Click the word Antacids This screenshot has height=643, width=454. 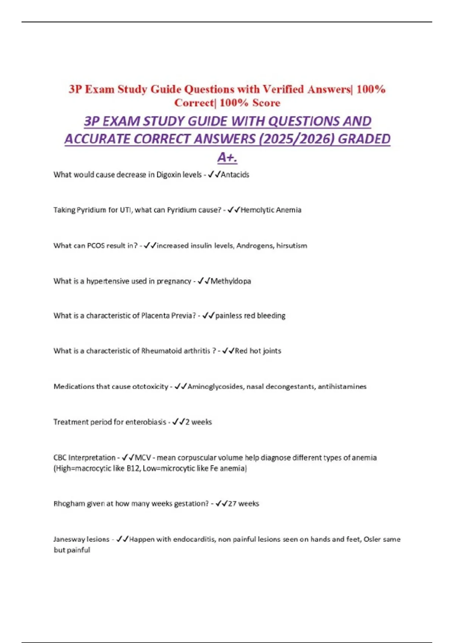click(235, 175)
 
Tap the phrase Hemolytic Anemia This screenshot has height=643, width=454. click(271, 210)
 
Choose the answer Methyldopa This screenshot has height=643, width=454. click(231, 281)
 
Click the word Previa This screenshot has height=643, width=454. click(184, 315)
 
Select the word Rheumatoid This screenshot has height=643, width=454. click(161, 351)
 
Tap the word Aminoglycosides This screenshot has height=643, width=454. click(216, 387)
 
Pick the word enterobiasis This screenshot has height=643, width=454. click(146, 422)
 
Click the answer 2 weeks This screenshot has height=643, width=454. click(199, 422)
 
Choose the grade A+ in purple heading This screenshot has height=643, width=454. click(227, 157)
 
